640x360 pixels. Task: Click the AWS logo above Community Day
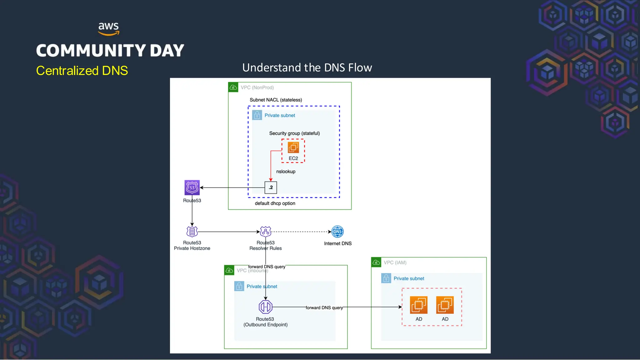point(108,29)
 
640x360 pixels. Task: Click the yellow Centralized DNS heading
point(82,71)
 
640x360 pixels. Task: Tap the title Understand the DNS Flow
point(307,67)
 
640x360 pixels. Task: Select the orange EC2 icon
point(293,147)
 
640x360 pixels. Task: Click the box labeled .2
point(271,187)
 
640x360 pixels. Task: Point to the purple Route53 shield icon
point(192,187)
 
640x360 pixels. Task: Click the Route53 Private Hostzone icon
point(192,232)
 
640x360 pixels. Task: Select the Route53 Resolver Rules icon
point(265,232)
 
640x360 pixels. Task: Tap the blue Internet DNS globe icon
point(337,232)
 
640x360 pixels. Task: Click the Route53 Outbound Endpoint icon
point(265,307)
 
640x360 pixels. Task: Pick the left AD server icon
point(418,305)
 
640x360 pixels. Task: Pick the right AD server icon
point(445,305)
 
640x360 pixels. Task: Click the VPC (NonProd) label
point(257,87)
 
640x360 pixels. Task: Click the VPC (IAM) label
point(395,262)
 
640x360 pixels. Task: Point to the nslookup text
point(286,172)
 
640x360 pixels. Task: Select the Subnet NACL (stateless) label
point(276,100)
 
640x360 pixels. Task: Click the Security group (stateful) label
point(294,133)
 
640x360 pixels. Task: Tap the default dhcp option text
point(275,203)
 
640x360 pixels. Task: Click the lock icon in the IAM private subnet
point(386,278)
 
